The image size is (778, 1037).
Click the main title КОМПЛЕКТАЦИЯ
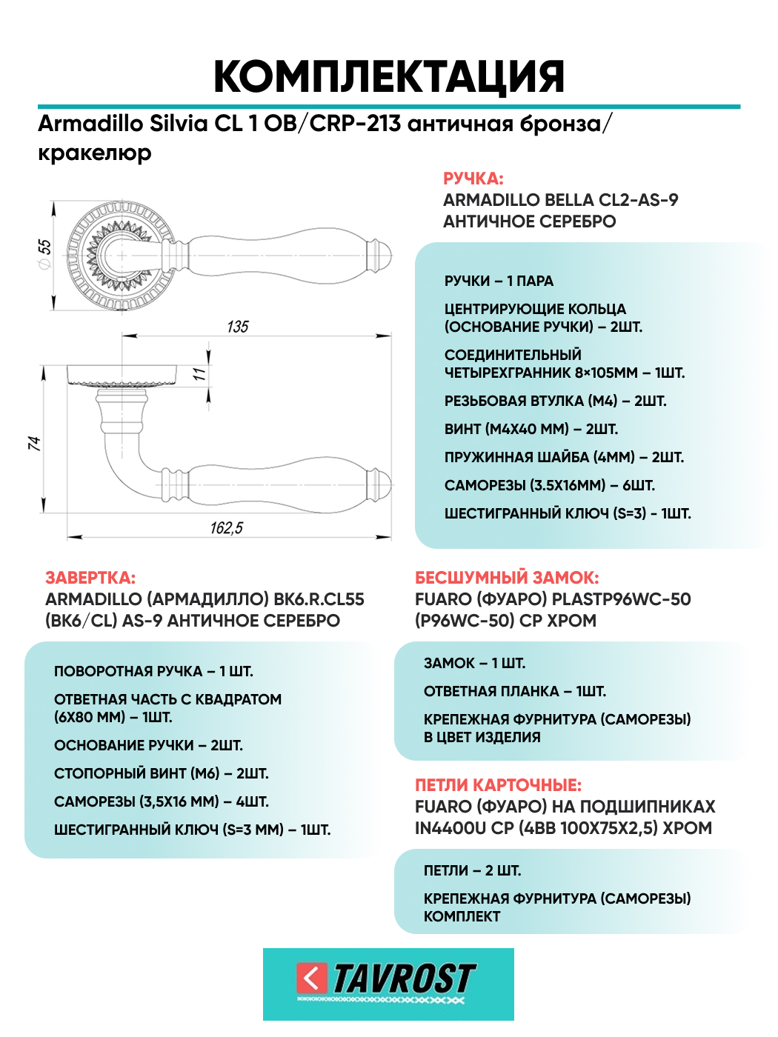389,76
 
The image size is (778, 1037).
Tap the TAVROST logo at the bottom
388,983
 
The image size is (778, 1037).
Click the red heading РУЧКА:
473,179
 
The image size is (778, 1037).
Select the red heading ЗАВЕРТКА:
90,578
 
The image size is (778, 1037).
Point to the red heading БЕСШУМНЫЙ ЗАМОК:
507,578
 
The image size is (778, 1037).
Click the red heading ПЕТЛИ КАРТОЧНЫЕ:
498,785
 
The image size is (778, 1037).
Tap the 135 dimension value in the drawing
238,327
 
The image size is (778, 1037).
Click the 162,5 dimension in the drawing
226,528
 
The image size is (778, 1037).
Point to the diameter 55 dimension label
44,253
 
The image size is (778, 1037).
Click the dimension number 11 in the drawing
199,375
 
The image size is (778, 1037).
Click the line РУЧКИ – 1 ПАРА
499,281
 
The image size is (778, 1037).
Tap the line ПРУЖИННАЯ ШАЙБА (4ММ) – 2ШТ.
564,458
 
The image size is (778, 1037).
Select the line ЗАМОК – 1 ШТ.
474,664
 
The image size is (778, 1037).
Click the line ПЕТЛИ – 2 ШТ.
472,871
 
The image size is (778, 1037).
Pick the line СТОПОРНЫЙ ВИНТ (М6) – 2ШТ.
162,774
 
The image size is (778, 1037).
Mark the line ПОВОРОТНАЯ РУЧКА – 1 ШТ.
153,672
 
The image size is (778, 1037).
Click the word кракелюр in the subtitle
95,153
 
